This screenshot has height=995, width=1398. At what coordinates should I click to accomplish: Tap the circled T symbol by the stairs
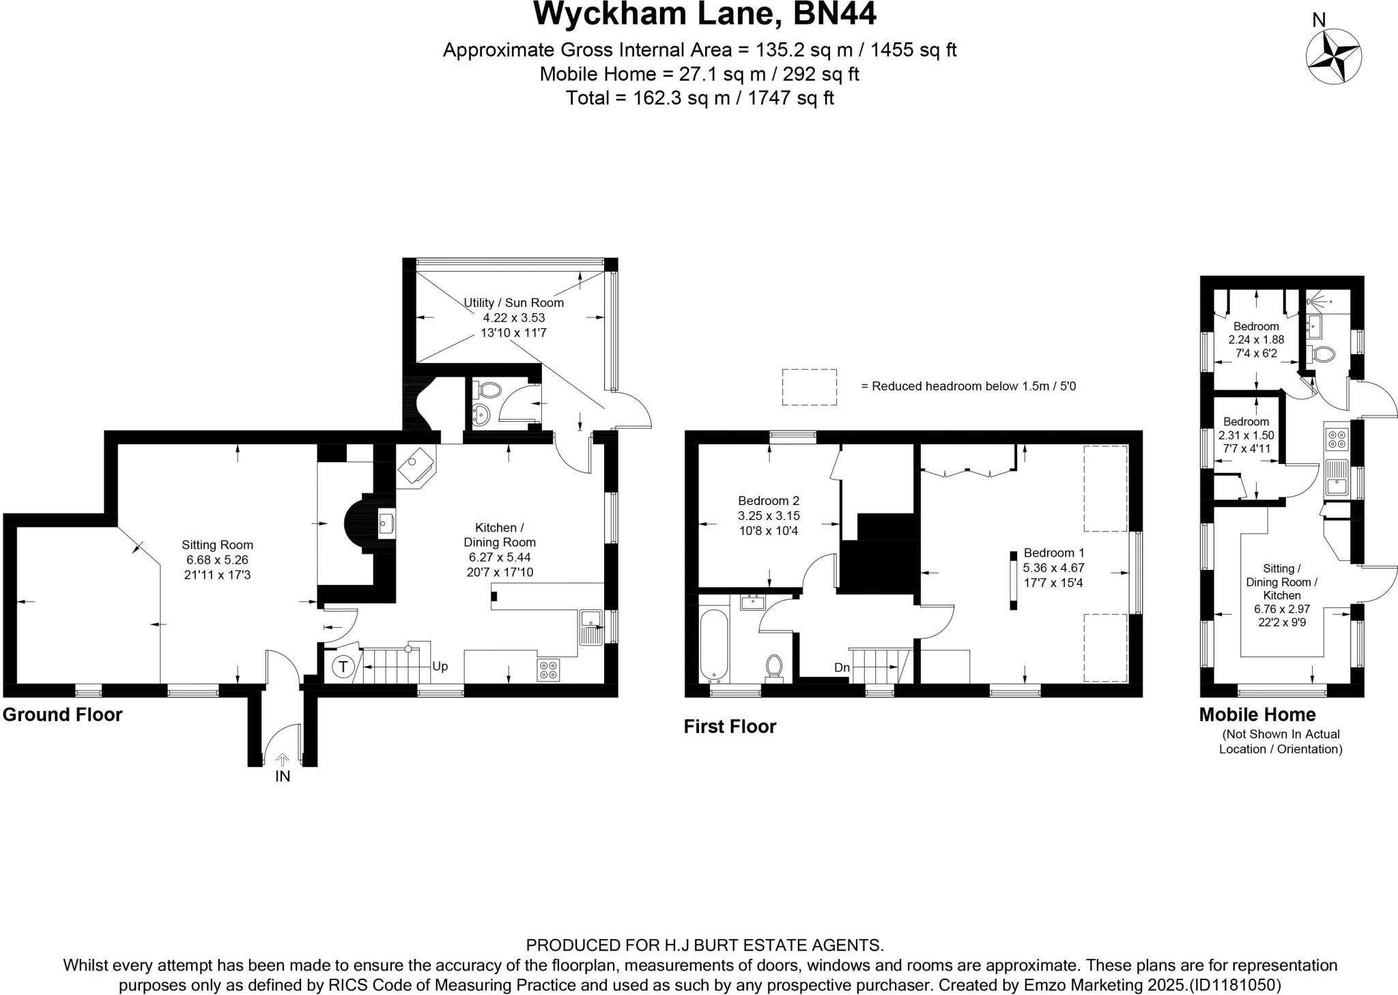point(343,665)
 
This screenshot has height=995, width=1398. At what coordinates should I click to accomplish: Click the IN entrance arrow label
point(283,776)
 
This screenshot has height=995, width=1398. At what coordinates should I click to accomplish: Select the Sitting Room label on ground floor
point(217,545)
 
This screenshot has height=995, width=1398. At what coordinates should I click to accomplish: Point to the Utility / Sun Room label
point(513,302)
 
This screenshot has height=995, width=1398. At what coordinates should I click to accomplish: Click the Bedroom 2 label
point(769,500)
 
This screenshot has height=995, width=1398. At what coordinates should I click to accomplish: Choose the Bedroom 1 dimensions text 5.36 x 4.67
point(1053,567)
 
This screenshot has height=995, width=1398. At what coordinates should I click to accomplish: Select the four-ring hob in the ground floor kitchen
point(547,669)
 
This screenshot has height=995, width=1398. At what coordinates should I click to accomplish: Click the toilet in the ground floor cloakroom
point(489,390)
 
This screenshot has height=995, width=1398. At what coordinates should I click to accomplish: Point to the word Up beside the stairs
point(440,665)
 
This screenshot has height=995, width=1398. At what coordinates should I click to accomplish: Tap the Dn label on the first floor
point(842,667)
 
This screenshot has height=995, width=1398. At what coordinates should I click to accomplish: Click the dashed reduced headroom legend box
point(809,387)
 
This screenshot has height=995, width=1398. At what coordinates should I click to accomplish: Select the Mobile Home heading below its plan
point(1257,715)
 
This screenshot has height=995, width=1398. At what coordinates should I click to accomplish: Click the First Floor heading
point(730,726)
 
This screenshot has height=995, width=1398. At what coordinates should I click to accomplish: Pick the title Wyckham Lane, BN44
point(704,15)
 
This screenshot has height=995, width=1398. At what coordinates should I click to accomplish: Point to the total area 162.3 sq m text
point(700,98)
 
